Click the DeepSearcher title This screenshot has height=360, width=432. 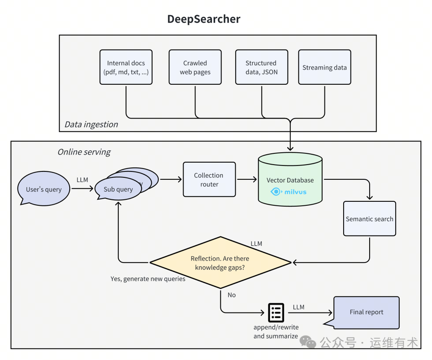click(x=204, y=19)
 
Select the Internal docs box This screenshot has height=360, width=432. click(x=126, y=67)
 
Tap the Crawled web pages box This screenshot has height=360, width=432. click(x=195, y=67)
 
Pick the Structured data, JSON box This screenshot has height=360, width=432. click(x=261, y=67)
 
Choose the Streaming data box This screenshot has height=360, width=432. click(x=324, y=67)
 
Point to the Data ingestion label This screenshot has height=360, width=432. click(x=91, y=124)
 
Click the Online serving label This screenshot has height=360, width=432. click(x=84, y=152)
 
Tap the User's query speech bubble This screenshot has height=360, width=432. click(x=44, y=189)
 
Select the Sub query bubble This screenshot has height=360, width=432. click(x=118, y=189)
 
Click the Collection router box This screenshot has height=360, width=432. click(x=209, y=179)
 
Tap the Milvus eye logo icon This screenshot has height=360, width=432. click(x=276, y=192)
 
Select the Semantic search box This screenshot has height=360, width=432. click(x=369, y=219)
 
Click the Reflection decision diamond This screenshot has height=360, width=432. click(x=220, y=263)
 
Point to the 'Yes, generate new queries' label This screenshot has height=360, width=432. click(x=148, y=279)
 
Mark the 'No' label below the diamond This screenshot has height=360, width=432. click(x=232, y=295)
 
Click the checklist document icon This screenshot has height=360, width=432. click(x=276, y=312)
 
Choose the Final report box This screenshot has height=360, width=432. click(x=366, y=312)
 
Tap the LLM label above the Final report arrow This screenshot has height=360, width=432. click(x=298, y=307)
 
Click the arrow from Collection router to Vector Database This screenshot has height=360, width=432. click(x=247, y=179)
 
